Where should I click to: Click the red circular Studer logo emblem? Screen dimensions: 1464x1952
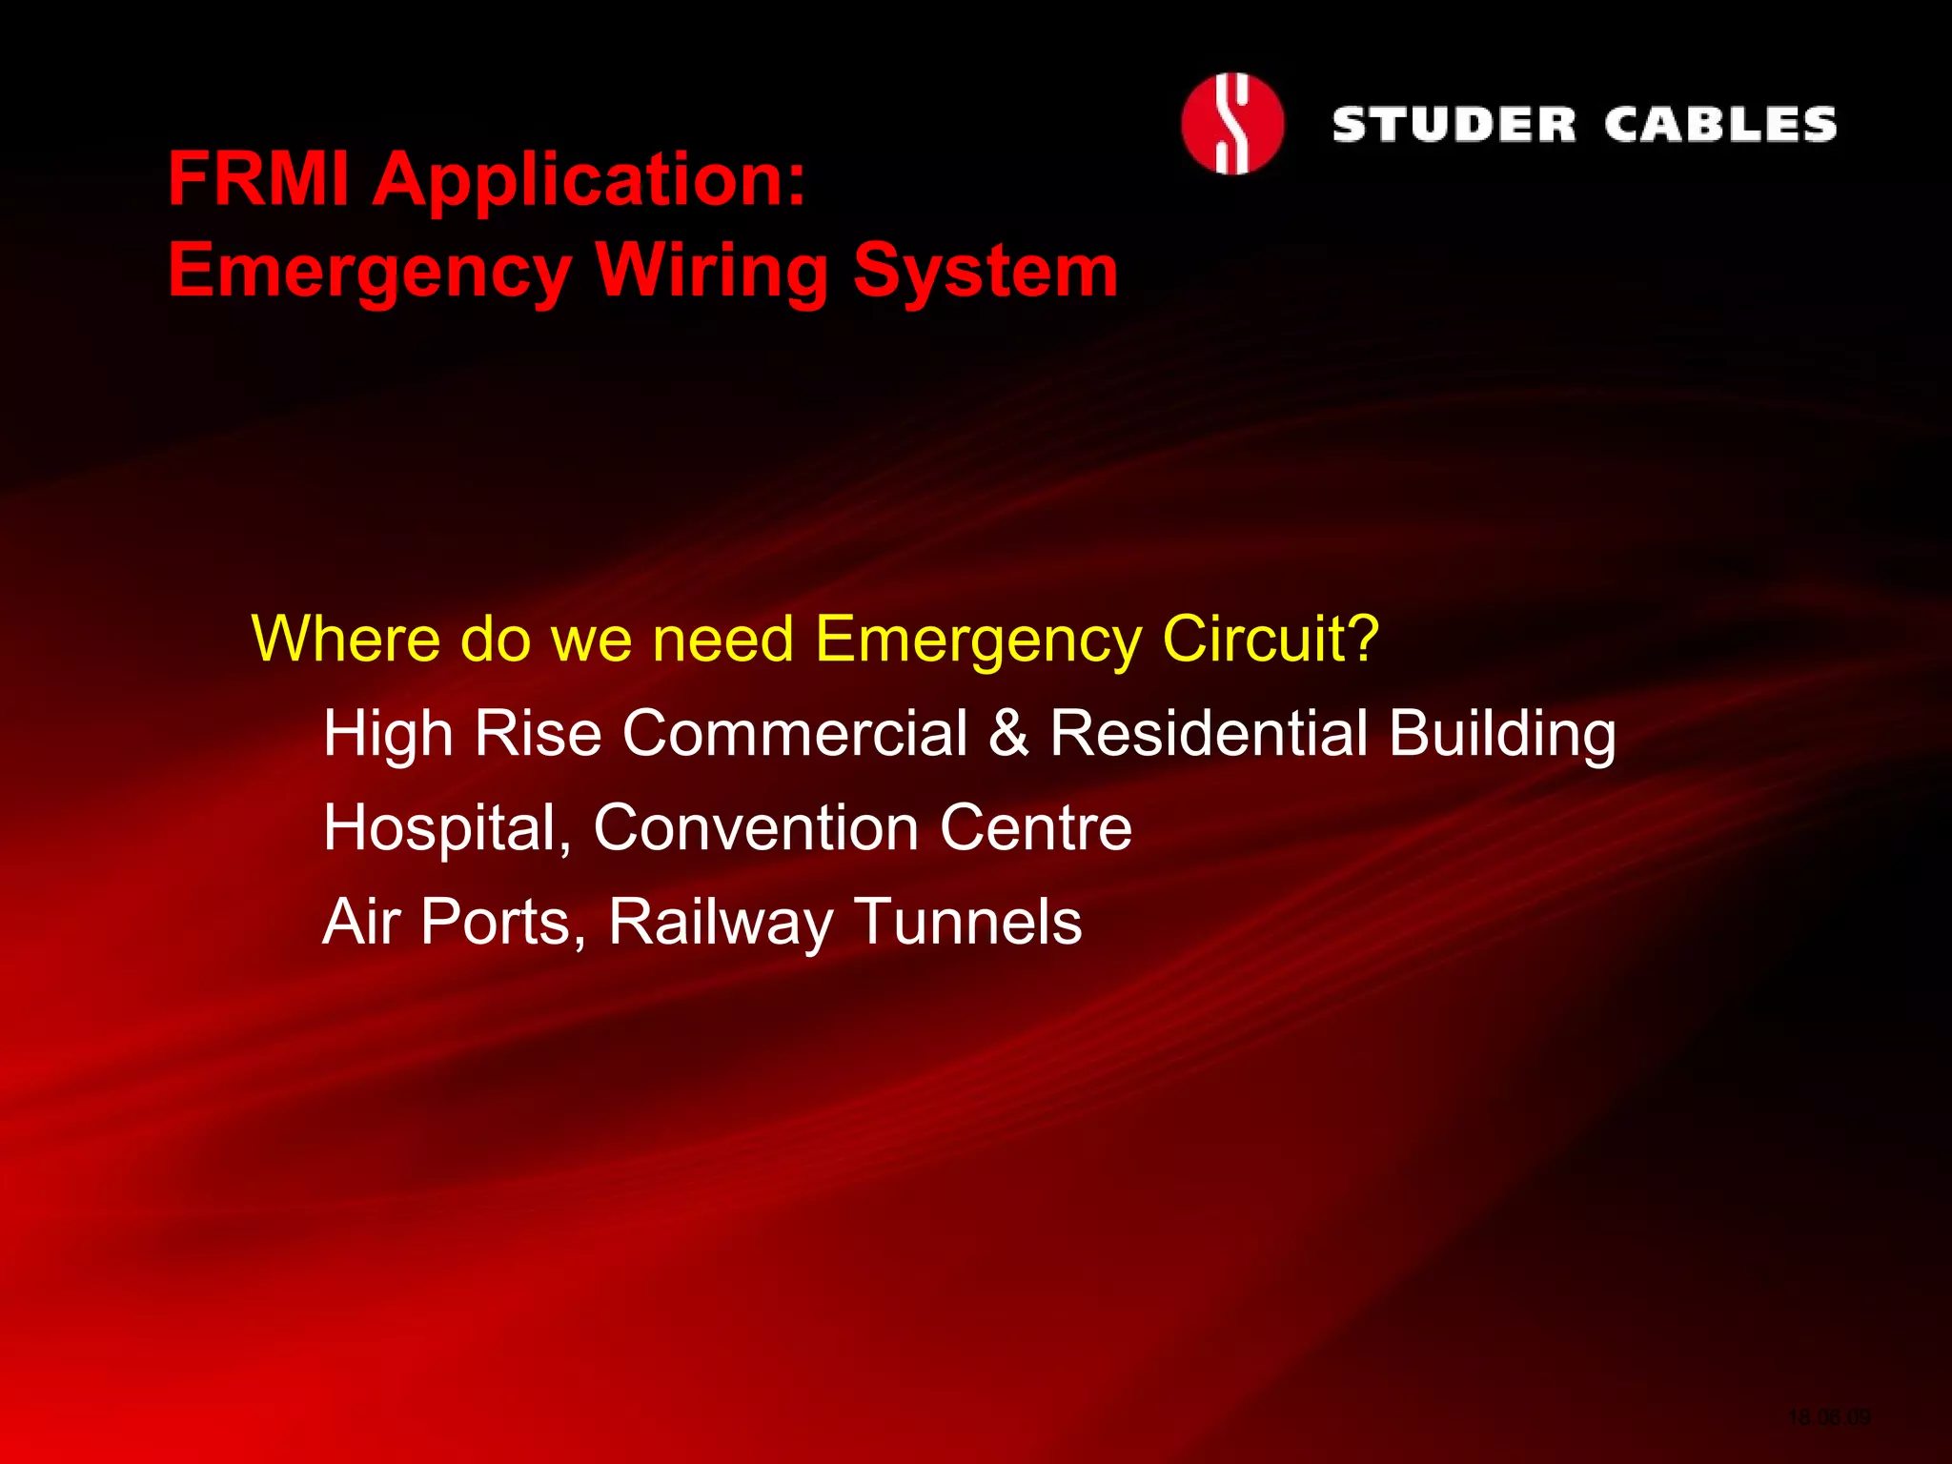(1231, 124)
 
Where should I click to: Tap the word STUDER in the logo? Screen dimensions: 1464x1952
(1454, 125)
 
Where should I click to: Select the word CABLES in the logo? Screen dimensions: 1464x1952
(1719, 125)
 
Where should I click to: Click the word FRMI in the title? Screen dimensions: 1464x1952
(258, 179)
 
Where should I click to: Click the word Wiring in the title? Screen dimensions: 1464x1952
(712, 271)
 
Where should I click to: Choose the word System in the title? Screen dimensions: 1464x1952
(986, 271)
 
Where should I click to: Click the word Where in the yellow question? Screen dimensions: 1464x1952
(345, 639)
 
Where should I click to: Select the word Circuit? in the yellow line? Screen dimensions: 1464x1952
(1271, 639)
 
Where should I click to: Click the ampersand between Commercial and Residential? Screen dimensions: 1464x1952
(1008, 734)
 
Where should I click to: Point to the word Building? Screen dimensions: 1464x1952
(1502, 735)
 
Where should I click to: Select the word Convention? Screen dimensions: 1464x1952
(755, 827)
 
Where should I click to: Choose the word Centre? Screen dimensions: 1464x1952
(1036, 827)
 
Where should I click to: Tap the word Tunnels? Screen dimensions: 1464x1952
(968, 922)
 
